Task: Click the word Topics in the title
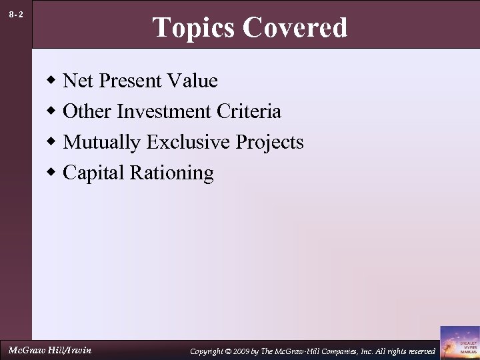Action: pos(194,28)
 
